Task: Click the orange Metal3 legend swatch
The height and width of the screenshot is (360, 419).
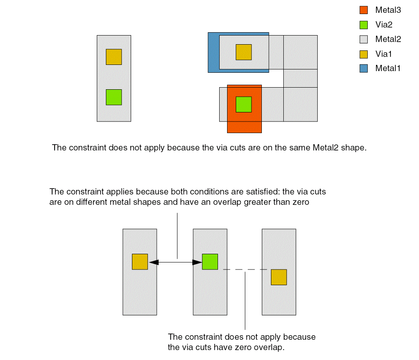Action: point(364,10)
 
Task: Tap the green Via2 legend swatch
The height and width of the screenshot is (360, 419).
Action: point(364,25)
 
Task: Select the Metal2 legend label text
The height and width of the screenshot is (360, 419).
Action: point(388,39)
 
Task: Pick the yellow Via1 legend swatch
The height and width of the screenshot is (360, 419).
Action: point(364,54)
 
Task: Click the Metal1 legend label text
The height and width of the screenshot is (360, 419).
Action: point(388,69)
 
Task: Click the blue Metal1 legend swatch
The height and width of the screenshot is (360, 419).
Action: point(364,69)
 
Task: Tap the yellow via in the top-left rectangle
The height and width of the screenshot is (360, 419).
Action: point(114,57)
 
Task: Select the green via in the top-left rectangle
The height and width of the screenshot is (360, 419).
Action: point(114,97)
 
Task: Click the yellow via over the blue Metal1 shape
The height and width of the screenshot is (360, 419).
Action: point(244,52)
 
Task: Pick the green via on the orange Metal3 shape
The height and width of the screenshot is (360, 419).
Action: point(244,104)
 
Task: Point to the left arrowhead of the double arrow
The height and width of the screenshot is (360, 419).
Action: point(153,262)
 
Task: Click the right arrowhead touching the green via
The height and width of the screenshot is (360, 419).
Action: point(198,262)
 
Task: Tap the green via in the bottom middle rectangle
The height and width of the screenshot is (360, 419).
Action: point(210,262)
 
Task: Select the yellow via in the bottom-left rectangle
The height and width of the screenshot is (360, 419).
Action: point(140,262)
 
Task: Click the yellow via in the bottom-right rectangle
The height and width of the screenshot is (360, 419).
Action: point(279,277)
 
